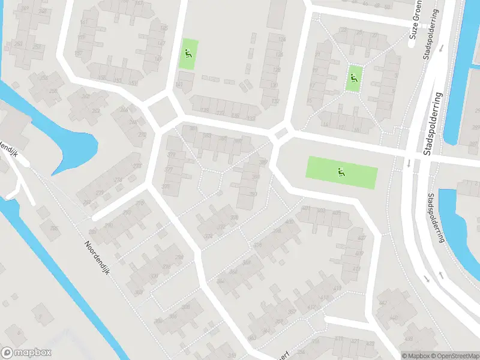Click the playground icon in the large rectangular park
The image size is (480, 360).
[341, 172]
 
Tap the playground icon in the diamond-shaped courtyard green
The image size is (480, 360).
[353, 78]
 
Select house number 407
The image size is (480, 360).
[361, 237]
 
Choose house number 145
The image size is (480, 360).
[164, 28]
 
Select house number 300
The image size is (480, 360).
[172, 316]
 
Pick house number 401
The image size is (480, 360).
[306, 209]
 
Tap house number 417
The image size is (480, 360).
[356, 268]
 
